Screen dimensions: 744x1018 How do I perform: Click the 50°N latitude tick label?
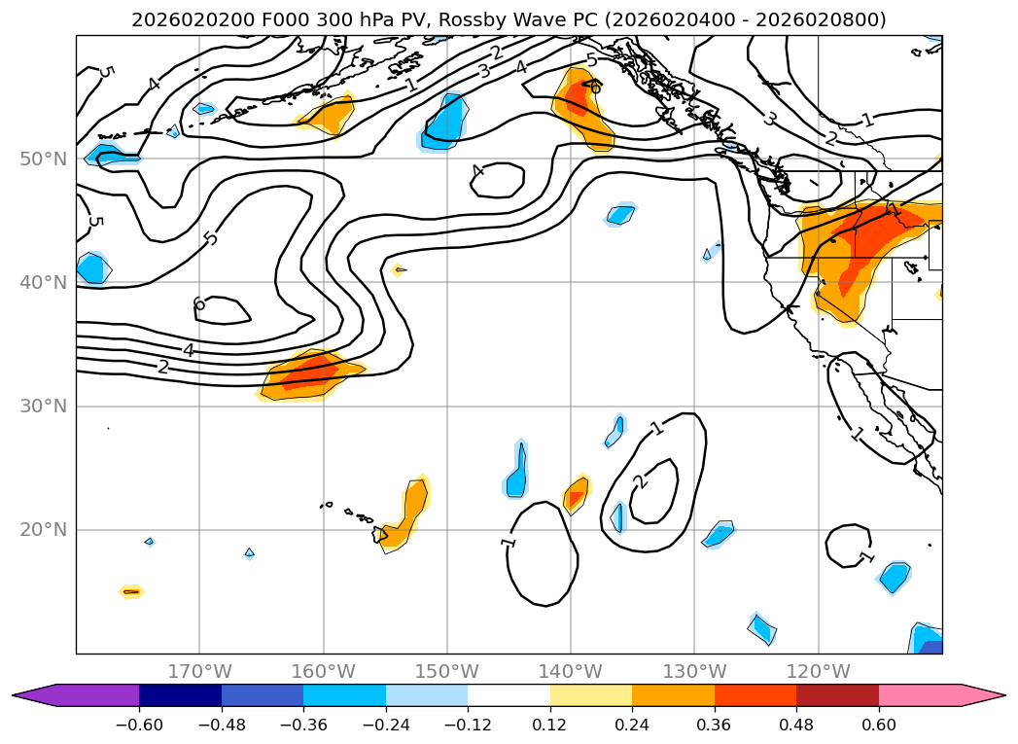point(43,159)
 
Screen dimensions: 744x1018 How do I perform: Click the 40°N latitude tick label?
point(43,282)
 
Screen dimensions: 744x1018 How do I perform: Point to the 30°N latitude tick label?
point(43,406)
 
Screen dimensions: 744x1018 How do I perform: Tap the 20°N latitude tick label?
point(43,530)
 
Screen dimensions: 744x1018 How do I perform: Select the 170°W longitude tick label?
point(199,671)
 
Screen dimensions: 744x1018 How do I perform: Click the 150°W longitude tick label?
point(447,671)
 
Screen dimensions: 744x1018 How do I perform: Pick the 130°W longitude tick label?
point(694,671)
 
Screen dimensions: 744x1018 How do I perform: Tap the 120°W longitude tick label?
point(818,671)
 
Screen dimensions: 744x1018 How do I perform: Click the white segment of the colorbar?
point(509,694)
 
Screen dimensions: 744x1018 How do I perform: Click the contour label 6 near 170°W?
point(199,304)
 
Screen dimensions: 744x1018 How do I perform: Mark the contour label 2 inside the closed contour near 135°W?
point(639,482)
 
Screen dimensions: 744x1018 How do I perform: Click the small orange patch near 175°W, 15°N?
point(131,591)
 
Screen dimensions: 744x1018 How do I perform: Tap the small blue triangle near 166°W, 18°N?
point(250,552)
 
